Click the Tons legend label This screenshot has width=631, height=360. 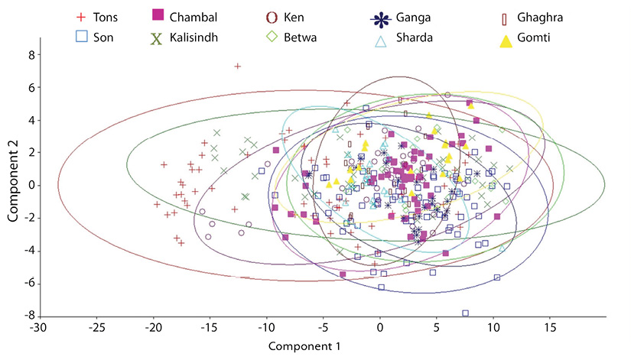106,18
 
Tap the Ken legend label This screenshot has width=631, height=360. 294,18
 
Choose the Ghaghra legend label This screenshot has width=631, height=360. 540,18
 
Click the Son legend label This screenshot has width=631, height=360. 103,37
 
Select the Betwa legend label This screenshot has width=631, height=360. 301,37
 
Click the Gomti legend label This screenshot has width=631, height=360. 534,37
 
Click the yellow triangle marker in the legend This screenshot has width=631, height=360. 506,41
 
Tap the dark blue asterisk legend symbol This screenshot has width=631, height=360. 380,19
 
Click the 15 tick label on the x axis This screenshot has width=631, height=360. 551,328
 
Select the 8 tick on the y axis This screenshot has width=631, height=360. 32,55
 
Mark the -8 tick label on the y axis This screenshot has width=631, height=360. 29,316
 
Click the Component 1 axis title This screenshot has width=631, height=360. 304,346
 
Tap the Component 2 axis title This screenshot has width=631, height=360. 12,186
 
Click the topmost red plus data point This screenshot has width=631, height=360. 238,66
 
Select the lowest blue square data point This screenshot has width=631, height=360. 465,313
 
